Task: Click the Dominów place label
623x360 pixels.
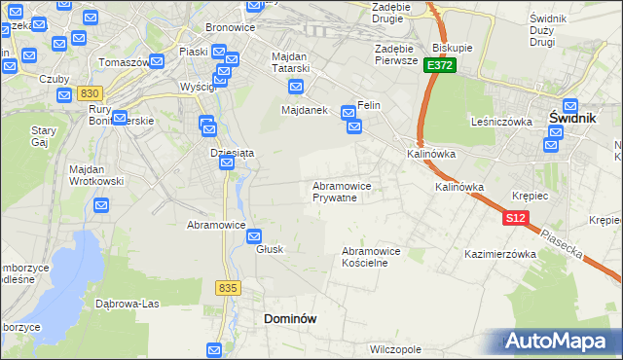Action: pyautogui.click(x=291, y=318)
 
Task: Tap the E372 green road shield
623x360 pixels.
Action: pyautogui.click(x=439, y=64)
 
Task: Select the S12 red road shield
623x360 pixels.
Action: pyautogui.click(x=516, y=219)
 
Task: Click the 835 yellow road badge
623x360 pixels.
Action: pyautogui.click(x=229, y=288)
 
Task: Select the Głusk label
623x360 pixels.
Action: pyautogui.click(x=270, y=249)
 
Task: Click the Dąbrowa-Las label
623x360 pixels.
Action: pyautogui.click(x=128, y=303)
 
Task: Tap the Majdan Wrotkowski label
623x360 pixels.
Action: pyautogui.click(x=94, y=175)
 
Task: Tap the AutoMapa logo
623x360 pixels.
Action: pyautogui.click(x=559, y=341)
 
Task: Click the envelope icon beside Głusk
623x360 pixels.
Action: pyautogui.click(x=254, y=235)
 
